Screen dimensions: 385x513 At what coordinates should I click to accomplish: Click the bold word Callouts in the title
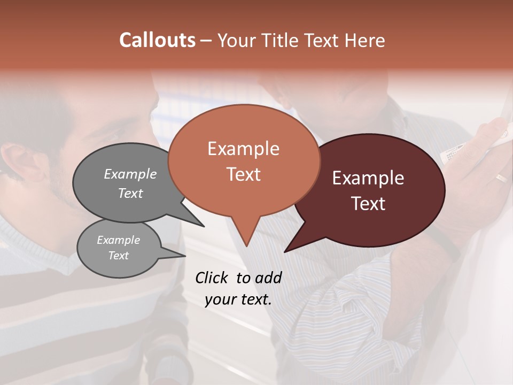pyautogui.click(x=157, y=40)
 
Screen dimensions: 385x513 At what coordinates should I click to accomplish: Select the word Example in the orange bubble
pyautogui.click(x=243, y=149)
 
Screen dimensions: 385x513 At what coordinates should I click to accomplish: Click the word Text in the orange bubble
pyautogui.click(x=243, y=174)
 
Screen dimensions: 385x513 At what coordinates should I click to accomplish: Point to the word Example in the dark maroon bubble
pyautogui.click(x=368, y=178)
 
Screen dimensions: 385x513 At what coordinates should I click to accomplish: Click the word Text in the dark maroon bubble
pyautogui.click(x=368, y=204)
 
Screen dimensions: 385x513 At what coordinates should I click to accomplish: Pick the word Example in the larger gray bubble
pyautogui.click(x=130, y=174)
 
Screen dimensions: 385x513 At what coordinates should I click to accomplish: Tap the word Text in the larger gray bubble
pyautogui.click(x=130, y=193)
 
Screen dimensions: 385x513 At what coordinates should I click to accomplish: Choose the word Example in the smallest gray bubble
pyautogui.click(x=118, y=240)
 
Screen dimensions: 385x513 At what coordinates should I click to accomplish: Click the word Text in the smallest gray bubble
pyautogui.click(x=118, y=256)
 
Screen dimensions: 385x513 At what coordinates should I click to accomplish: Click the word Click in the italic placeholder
pyautogui.click(x=213, y=278)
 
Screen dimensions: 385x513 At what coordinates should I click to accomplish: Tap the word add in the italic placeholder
pyautogui.click(x=268, y=278)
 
